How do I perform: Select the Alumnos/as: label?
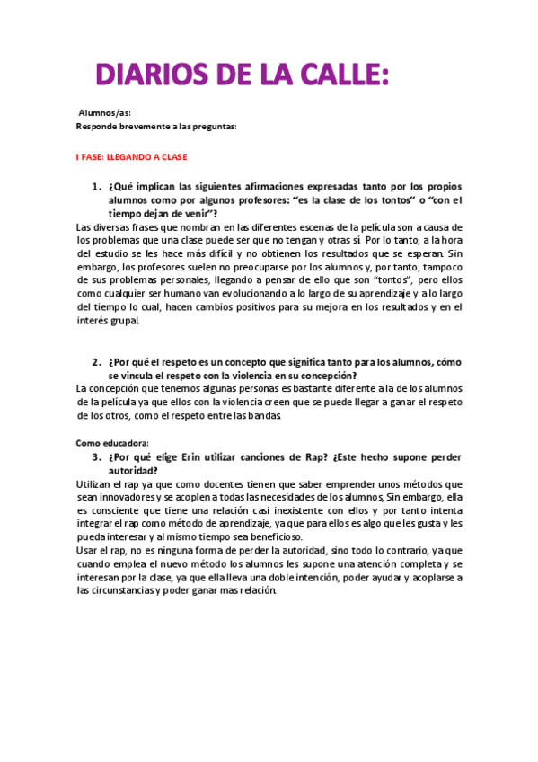[x=104, y=114]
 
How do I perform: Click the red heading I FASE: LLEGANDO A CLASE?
[x=131, y=156]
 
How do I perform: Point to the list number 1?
[x=96, y=187]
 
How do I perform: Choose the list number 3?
[x=96, y=456]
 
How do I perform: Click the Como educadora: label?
[x=112, y=442]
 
